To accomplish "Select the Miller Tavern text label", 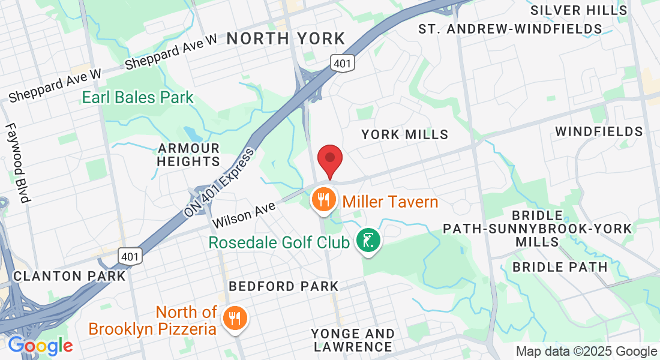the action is click(x=391, y=202).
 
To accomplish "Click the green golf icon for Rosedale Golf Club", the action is click(x=368, y=241).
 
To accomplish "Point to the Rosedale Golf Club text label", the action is click(x=279, y=243).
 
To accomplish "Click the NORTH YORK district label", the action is click(x=286, y=39).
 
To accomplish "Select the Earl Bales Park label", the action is click(x=138, y=97).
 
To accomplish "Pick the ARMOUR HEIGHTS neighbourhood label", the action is click(x=188, y=155).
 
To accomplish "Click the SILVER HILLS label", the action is click(x=579, y=10).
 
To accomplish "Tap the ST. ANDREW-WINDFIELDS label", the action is click(x=510, y=29).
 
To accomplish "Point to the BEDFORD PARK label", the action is click(x=284, y=286).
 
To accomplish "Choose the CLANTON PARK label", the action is click(x=70, y=276).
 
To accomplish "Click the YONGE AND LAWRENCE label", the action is click(x=352, y=340).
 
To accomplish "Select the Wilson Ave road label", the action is click(x=243, y=214).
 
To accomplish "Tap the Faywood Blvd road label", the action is click(x=17, y=163).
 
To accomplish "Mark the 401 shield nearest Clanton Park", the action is click(x=131, y=256).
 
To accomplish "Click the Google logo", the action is click(x=40, y=346).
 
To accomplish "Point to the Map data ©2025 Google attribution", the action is click(x=587, y=352).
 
